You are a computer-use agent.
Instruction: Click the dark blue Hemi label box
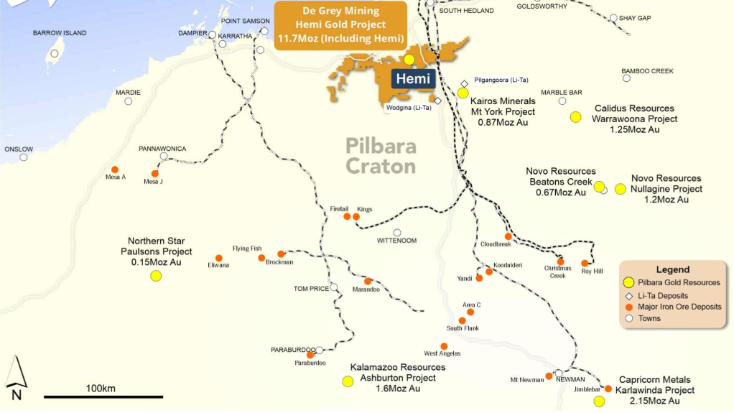[x=413, y=79]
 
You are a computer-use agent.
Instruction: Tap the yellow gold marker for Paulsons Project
[x=156, y=276]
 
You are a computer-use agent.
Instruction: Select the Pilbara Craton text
[x=381, y=156]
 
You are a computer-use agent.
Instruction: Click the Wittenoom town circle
[x=397, y=232]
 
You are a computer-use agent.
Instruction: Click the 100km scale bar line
[x=103, y=396]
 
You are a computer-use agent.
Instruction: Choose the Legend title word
[x=672, y=269]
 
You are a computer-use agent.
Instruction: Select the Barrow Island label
[x=60, y=33]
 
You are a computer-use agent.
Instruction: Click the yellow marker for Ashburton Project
[x=348, y=381]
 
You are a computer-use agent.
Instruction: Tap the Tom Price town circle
[x=334, y=287]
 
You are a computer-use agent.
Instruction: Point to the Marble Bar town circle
[x=562, y=101]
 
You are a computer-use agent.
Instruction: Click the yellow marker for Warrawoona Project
[x=575, y=117]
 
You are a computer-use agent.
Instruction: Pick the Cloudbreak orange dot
[x=508, y=236]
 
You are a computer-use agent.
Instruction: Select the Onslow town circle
[x=24, y=157]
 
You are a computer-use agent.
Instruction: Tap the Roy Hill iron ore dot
[x=585, y=264]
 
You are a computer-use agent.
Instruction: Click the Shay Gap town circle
[x=613, y=18]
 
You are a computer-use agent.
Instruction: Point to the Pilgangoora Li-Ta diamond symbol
[x=465, y=84]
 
